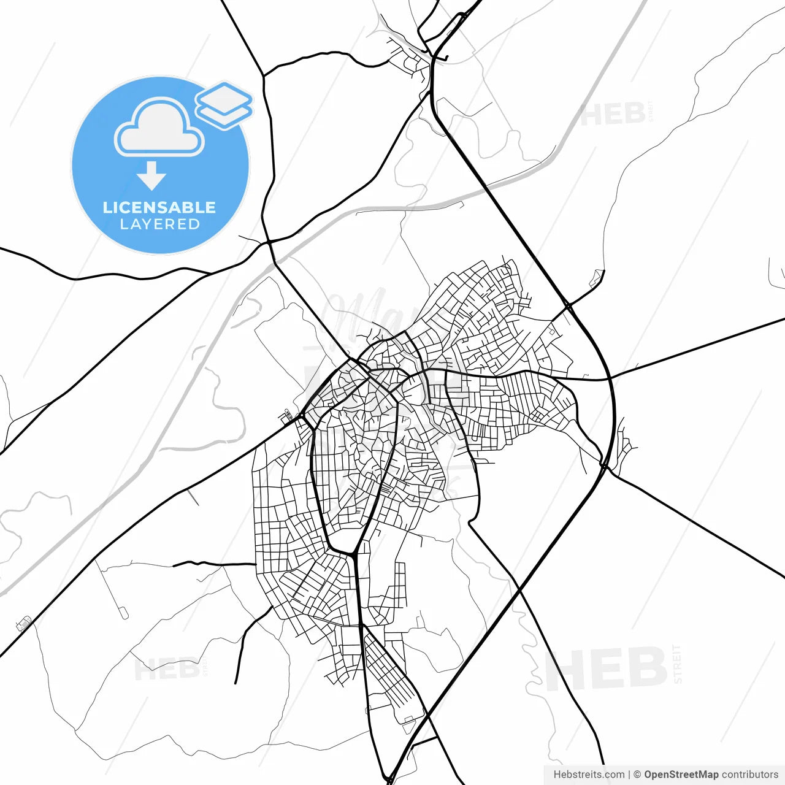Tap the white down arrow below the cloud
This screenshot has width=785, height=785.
pos(151,176)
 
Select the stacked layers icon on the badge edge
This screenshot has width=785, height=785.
pos(224,104)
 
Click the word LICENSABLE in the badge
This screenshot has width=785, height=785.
pos(159,207)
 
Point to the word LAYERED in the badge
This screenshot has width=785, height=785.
pos(159,224)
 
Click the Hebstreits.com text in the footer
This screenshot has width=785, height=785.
pos(589,775)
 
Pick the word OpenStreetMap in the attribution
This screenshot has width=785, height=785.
pos(681,775)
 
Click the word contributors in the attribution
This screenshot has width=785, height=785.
pos(749,775)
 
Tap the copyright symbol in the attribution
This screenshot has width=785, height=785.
pos(637,775)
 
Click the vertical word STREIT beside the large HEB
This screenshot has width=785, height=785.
pos(677,664)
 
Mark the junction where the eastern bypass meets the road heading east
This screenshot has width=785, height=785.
pos(611,378)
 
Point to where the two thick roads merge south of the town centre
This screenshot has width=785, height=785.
pos(353,555)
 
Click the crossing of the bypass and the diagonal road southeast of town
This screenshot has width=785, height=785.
pos(519,590)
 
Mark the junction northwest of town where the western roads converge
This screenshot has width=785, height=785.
pos(269,243)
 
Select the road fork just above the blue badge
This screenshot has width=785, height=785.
pos(264,75)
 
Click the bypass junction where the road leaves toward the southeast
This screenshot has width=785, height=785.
pos(605,467)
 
